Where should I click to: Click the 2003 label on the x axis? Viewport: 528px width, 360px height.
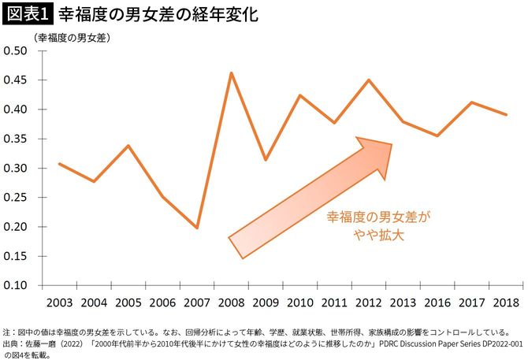coord(59,302)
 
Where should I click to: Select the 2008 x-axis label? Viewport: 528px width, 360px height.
coord(230,302)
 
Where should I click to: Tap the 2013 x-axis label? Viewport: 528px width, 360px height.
coord(403,302)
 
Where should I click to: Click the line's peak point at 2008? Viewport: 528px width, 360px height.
coord(231,73)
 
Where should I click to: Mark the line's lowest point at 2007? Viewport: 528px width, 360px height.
coord(197,228)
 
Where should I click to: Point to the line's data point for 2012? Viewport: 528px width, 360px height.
coord(369,80)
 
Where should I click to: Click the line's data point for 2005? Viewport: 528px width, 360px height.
coord(128,146)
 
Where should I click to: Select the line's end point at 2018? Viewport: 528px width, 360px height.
coord(506,115)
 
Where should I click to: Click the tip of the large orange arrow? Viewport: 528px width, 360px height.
coord(392,145)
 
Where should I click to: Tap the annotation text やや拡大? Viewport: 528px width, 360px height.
coord(380,235)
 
